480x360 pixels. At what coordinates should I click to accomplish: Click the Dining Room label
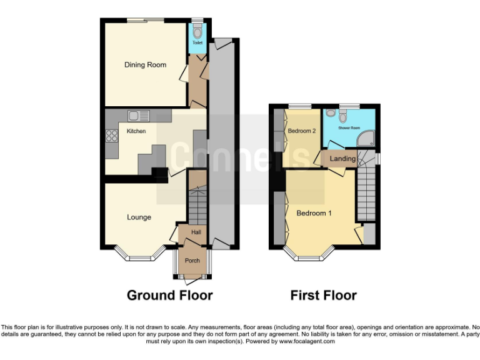(145, 65)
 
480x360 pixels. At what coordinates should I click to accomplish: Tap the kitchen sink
(138, 116)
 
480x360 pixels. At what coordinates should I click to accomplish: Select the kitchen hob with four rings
(112, 137)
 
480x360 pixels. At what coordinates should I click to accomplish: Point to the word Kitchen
(136, 131)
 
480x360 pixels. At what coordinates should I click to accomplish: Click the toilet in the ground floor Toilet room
(197, 32)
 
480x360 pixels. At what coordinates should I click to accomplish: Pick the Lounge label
(139, 217)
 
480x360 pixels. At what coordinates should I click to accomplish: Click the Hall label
(196, 232)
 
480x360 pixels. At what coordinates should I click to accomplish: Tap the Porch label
(192, 261)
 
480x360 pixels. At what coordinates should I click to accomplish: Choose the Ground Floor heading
(169, 295)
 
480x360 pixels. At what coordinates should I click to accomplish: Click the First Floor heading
(323, 295)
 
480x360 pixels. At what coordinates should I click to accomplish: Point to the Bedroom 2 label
(302, 131)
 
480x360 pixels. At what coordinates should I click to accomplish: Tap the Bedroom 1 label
(314, 213)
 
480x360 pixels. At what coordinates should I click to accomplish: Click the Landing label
(342, 159)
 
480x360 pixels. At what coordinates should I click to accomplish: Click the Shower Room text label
(349, 128)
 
